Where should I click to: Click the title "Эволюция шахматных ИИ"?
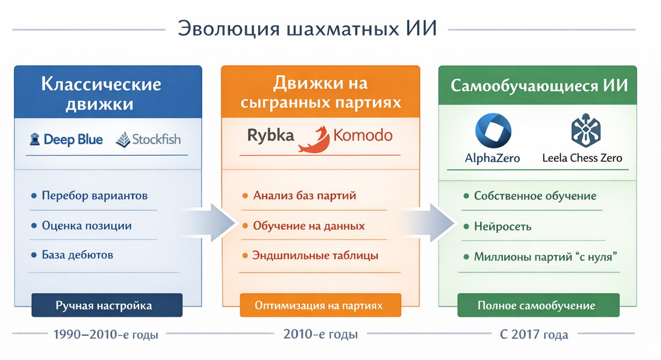coord(307,29)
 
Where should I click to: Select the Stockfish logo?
coord(149,140)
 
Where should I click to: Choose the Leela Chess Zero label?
coord(582,159)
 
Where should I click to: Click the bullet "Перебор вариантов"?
coord(95,195)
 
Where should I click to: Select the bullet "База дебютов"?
coord(78,255)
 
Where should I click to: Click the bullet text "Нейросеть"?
coord(502,226)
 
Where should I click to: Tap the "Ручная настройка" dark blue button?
coord(107,305)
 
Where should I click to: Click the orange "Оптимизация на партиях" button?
coord(320,305)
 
